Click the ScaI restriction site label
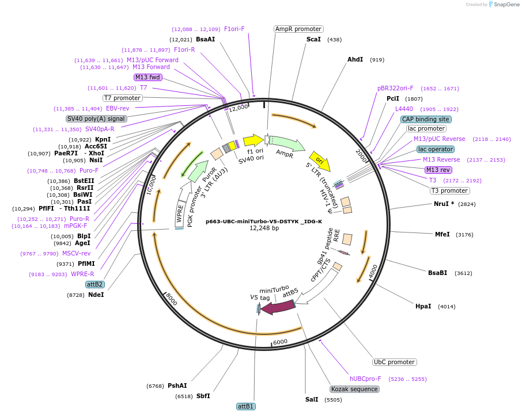pyautogui.click(x=313, y=39)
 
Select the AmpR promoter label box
pyautogui.click(x=298, y=29)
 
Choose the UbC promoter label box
pyautogui.click(x=394, y=362)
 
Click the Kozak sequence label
pyautogui.click(x=354, y=389)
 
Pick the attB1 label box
pyautogui.click(x=246, y=406)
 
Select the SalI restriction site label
pyautogui.click(x=312, y=399)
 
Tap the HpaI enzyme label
pyautogui.click(x=423, y=306)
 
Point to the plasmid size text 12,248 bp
pyautogui.click(x=264, y=228)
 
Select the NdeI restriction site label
pyautogui.click(x=96, y=295)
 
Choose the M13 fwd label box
pyautogui.click(x=148, y=77)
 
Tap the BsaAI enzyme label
pyautogui.click(x=205, y=39)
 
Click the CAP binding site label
pyautogui.click(x=426, y=119)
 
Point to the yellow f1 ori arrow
pyautogui.click(x=253, y=140)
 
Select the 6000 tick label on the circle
pyautogui.click(x=280, y=341)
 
